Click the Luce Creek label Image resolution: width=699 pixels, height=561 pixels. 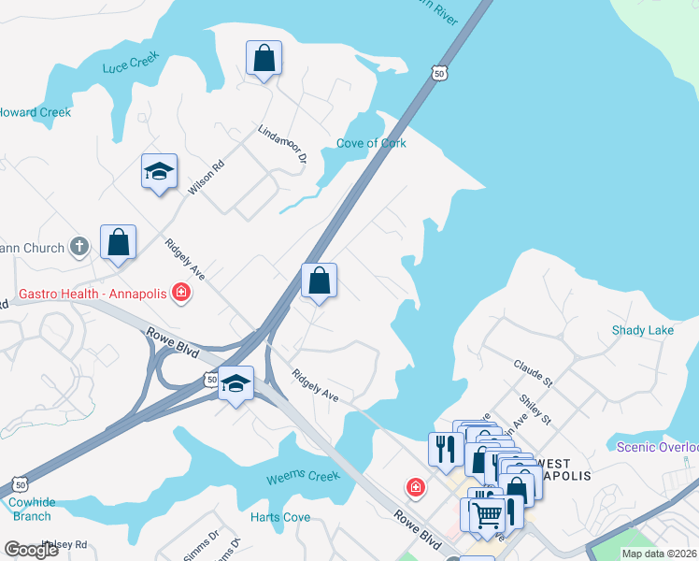point(130,63)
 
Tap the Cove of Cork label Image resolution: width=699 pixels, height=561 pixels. point(372,143)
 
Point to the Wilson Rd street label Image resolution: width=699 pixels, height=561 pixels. point(207,178)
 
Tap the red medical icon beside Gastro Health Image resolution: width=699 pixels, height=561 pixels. point(181,295)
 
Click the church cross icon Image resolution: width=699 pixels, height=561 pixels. point(80,248)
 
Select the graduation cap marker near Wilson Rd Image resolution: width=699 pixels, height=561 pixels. point(159,171)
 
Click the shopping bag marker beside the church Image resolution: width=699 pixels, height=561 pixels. point(119,243)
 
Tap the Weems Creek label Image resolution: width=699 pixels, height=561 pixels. point(303,477)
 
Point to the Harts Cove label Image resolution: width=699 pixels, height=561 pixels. point(280,517)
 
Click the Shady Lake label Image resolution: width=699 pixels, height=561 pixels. point(642,330)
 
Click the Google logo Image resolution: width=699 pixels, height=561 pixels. point(31,550)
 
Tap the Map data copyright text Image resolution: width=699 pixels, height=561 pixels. point(658,553)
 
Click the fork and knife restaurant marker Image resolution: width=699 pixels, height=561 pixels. point(443,449)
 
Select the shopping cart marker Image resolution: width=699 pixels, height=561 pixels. point(486,515)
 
